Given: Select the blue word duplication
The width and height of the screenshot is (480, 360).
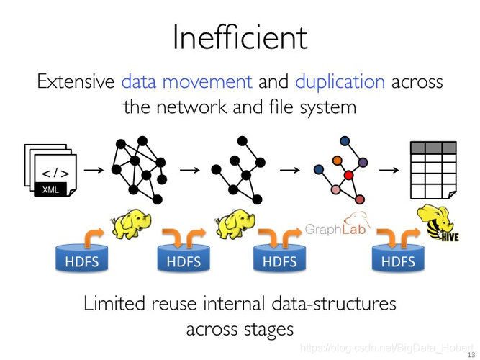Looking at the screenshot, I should click(x=340, y=81).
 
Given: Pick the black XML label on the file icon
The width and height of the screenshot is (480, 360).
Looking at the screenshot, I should click(x=50, y=189).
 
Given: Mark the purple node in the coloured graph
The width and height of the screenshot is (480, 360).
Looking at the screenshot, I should click(x=363, y=161).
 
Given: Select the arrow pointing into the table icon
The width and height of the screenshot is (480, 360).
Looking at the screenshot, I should click(x=389, y=170).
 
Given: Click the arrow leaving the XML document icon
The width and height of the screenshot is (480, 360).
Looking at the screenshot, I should click(x=92, y=171).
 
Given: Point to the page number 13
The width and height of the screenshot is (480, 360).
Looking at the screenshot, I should click(x=471, y=354).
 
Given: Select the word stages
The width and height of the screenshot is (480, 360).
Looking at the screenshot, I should click(x=263, y=330).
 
